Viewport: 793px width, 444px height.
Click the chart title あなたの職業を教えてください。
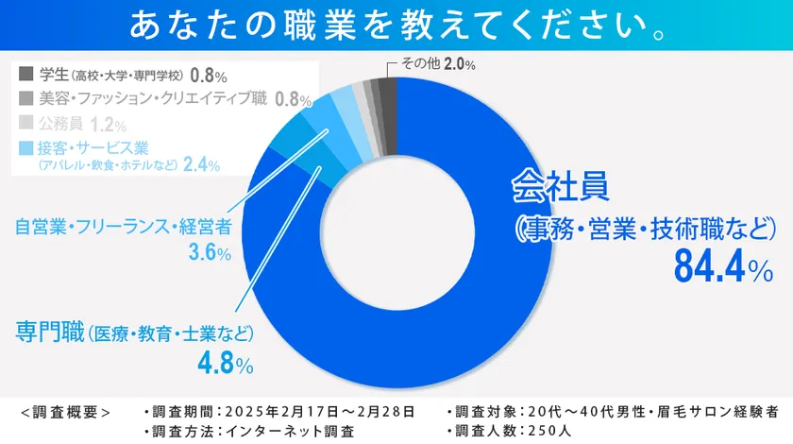point(396,26)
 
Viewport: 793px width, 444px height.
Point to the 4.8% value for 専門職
point(224,363)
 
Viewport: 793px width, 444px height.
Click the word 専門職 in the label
point(49,333)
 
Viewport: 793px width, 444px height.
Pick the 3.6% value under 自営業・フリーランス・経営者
point(210,252)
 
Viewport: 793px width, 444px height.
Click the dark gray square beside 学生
point(26,73)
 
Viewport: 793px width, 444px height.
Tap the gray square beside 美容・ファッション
point(26,98)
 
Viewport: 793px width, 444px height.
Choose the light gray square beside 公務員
point(26,123)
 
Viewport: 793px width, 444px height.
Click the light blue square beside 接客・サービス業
point(26,148)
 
